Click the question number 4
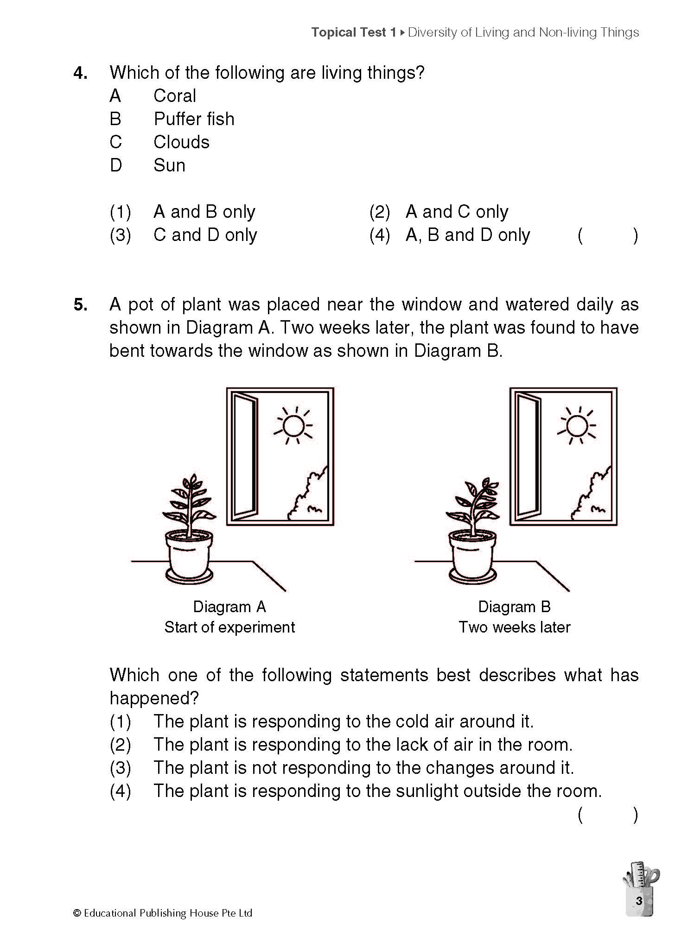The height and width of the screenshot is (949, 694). [80, 73]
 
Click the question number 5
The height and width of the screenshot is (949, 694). [80, 305]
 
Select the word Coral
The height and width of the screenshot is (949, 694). [174, 96]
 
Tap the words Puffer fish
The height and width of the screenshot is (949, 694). [194, 119]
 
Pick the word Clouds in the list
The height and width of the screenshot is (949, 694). [181, 142]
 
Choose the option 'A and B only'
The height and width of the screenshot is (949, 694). [204, 212]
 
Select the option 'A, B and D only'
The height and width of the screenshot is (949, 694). [467, 235]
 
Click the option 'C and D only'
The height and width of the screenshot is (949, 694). [205, 235]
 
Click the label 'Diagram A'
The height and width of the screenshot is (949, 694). [229, 607]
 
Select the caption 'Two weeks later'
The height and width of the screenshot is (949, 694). [514, 627]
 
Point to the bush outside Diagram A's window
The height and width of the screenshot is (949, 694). [308, 498]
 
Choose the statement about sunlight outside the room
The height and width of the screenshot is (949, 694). [377, 791]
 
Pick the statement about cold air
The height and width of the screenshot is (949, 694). [344, 721]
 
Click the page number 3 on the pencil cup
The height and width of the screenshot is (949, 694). [639, 901]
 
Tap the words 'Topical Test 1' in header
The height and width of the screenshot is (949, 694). [354, 32]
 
